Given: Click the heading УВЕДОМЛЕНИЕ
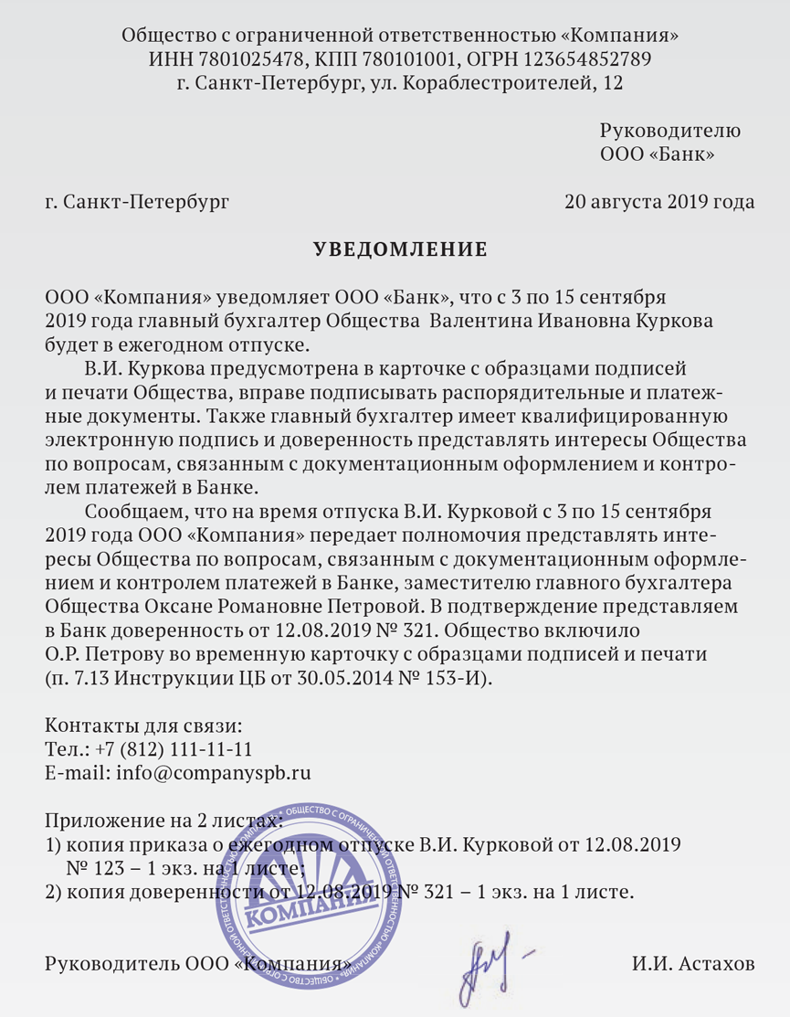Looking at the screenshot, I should click(x=400, y=249).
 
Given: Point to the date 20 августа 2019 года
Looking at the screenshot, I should click(x=659, y=201).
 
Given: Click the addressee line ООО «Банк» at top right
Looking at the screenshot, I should click(x=657, y=154).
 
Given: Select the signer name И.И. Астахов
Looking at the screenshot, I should click(x=693, y=964).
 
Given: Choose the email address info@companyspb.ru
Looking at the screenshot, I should click(x=213, y=773).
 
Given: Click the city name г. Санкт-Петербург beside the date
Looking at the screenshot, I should click(x=137, y=201).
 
